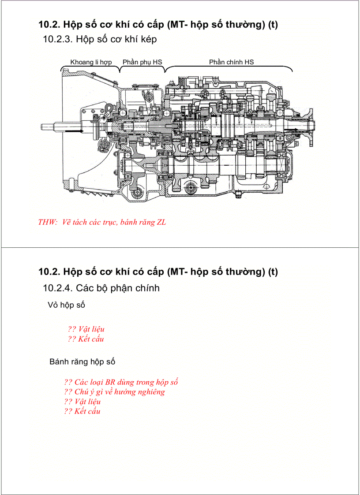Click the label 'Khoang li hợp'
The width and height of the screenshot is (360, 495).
(x=91, y=62)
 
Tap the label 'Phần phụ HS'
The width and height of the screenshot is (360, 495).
(x=142, y=62)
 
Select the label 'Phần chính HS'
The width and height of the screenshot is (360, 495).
(x=231, y=62)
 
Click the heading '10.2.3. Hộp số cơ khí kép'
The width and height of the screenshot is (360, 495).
(x=100, y=39)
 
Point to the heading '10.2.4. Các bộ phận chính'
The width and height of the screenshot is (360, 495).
(x=101, y=288)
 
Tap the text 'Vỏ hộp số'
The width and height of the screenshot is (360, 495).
(x=66, y=305)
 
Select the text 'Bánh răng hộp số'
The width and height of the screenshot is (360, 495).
(x=82, y=362)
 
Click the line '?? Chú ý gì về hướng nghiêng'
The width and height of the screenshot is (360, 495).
(x=114, y=392)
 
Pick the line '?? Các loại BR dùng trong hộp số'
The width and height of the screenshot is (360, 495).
(x=121, y=382)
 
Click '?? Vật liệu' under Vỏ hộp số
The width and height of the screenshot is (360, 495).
(x=86, y=329)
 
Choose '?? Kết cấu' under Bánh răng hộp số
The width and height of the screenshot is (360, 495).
(x=82, y=411)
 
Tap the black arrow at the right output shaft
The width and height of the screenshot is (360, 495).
(x=292, y=129)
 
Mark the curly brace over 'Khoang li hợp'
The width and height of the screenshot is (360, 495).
(x=90, y=68)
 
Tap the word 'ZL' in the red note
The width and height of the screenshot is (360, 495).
(x=161, y=222)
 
